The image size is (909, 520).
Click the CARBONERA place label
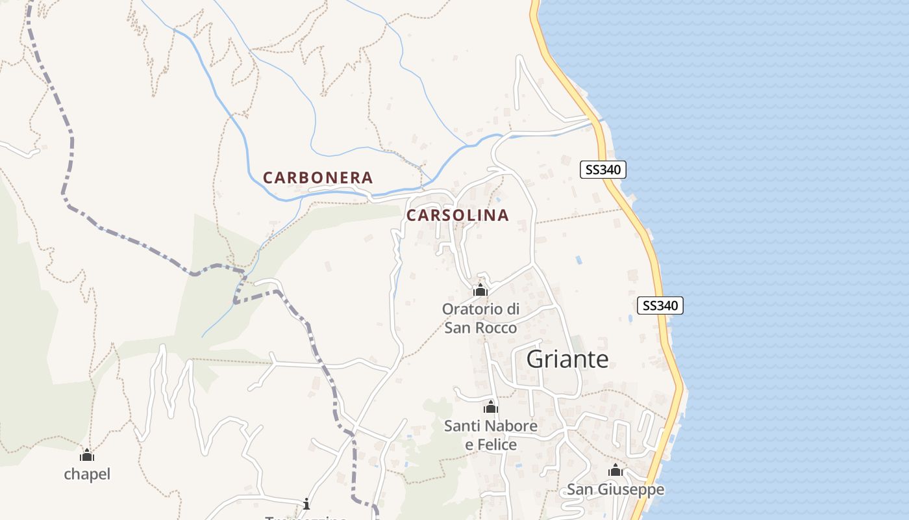318,177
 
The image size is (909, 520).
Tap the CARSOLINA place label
457,215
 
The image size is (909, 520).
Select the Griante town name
567,359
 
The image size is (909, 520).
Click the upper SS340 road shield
603,170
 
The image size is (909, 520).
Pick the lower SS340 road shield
661,305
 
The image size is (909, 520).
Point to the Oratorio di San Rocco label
480,318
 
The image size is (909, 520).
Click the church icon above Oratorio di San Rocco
480,290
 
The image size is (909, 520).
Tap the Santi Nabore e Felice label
491,435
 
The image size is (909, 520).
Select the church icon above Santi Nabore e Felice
491,408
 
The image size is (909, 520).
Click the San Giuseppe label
616,489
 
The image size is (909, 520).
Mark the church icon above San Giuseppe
616,470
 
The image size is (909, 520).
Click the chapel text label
87,474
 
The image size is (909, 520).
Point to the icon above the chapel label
87,455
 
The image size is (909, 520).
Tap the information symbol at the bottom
306,504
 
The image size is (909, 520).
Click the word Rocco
497,328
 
